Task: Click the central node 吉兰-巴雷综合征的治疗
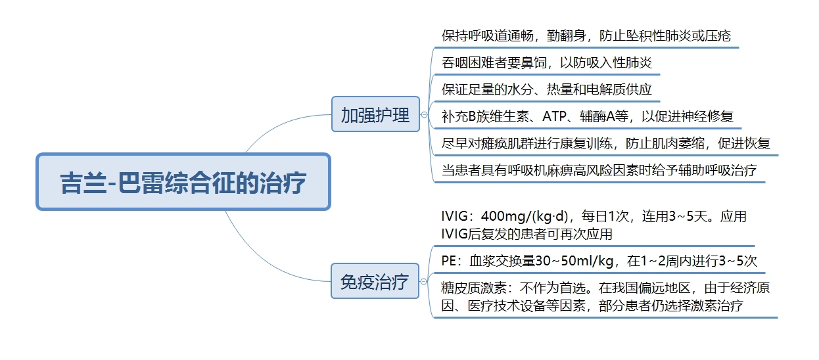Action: pos(183,182)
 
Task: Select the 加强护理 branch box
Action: pos(375,114)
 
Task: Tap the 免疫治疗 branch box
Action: pos(375,281)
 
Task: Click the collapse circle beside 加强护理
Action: pos(424,115)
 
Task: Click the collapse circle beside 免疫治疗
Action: pos(423,281)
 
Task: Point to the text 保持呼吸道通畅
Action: pos(487,36)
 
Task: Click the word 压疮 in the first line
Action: pos(718,36)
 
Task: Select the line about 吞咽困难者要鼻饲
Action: pos(547,62)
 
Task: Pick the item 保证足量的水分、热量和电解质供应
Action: pos(547,89)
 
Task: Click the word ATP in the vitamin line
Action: pos(554,116)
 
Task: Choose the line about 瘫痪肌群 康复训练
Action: pos(606,143)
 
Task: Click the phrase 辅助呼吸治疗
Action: pos(718,170)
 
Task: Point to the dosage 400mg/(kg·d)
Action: pos(525,216)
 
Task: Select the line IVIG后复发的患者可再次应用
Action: pos(527,234)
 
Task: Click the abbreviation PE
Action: pos(448,261)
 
